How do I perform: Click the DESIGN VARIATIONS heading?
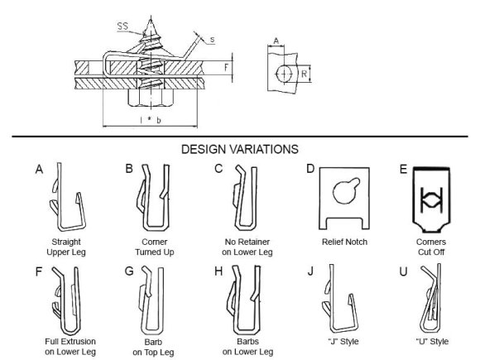pos(240,150)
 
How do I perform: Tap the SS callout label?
pos(122,26)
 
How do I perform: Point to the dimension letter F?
pos(226,67)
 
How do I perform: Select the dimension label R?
pos(304,74)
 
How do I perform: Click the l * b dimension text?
pos(151,120)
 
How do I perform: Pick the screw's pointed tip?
pos(151,19)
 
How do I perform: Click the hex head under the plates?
pos(151,98)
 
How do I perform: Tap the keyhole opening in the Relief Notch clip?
pos(346,191)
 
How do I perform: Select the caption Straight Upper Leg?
pos(66,247)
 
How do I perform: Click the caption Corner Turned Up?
pos(155,247)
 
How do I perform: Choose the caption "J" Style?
pos(343,341)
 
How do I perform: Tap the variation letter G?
pos(129,271)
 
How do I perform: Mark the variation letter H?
pos(218,271)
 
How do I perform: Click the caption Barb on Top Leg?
pos(153,347)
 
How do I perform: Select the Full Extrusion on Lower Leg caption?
pos(70,347)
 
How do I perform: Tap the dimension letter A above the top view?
pos(276,41)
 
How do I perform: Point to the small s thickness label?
pos(212,40)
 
